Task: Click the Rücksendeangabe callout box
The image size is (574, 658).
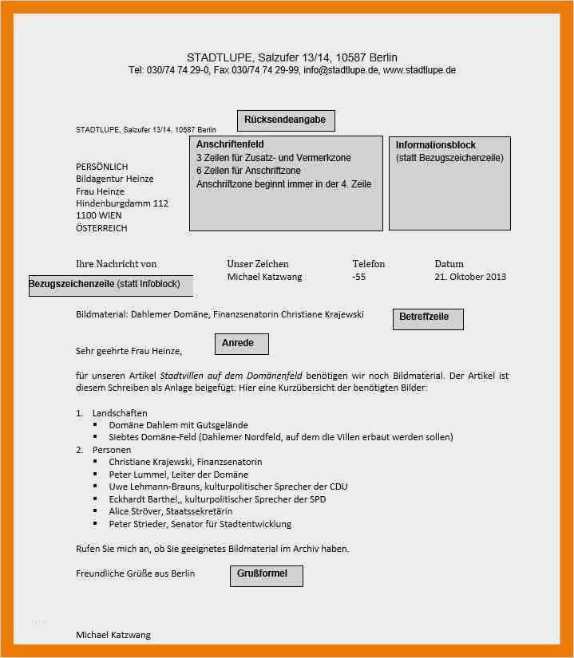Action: tap(286, 120)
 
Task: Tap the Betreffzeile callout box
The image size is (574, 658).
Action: tap(428, 318)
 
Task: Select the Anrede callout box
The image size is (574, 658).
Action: tap(241, 344)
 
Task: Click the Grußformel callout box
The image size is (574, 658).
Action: tap(266, 575)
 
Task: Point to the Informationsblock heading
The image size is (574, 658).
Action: tap(435, 145)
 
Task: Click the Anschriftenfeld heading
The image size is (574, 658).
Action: tap(230, 144)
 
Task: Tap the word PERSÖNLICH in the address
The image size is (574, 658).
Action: tap(101, 167)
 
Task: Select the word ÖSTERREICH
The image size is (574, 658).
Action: tap(101, 228)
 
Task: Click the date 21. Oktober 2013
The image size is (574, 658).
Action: tap(470, 277)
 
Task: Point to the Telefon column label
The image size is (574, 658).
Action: tap(368, 264)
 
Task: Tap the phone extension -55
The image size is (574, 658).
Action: tap(358, 277)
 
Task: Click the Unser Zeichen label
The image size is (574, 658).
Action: tap(258, 264)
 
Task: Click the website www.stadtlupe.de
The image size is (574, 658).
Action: tap(419, 70)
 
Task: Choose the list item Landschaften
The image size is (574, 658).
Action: tap(120, 413)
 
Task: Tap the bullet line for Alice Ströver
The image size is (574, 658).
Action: tap(170, 511)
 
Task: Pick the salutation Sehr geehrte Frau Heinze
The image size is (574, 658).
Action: tap(129, 350)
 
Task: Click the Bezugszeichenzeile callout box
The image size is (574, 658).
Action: tap(110, 285)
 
